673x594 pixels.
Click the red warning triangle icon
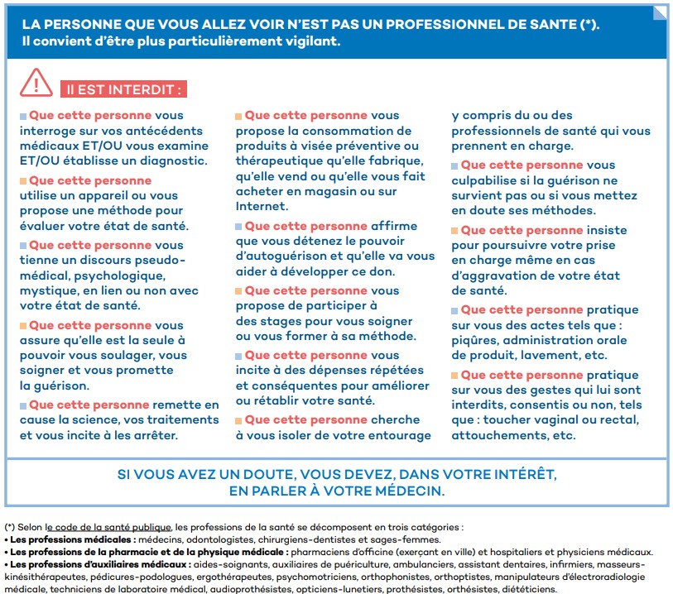click(x=36, y=82)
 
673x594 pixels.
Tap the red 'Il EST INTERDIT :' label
click(x=122, y=89)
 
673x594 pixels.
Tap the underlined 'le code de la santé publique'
click(x=108, y=527)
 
